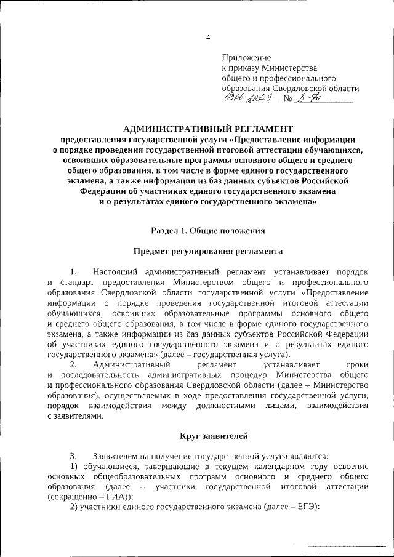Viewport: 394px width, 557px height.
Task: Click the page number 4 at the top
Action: (208, 38)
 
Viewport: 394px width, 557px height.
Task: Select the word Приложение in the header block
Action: (246, 58)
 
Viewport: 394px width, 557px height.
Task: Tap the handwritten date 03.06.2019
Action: (244, 98)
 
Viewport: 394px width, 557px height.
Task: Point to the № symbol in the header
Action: (287, 98)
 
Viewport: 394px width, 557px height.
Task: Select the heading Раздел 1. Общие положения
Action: (208, 230)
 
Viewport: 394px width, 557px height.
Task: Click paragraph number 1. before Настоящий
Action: (73, 271)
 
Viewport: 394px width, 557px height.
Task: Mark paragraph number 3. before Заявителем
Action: (73, 456)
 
